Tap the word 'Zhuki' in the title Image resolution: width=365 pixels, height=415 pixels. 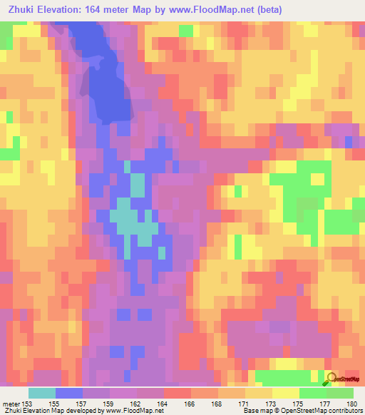21,10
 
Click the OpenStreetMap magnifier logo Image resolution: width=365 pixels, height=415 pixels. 332,379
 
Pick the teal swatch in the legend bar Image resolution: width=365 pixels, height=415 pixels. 42,393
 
